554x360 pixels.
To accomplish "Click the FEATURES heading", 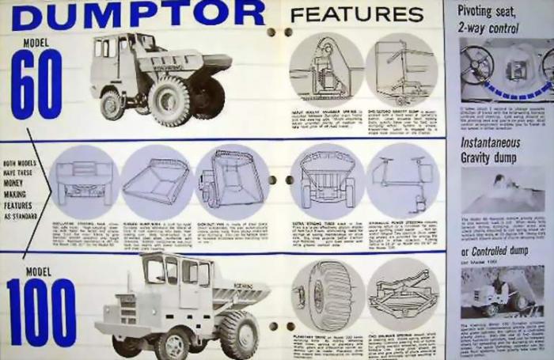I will (x=356, y=14).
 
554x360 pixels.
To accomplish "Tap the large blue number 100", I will (x=41, y=312).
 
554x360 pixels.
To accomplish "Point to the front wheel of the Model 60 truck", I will (x=112, y=104).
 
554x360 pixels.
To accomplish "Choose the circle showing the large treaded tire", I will (x=327, y=295).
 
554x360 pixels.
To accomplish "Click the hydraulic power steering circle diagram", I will (x=402, y=181).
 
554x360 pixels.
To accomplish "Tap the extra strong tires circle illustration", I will (x=327, y=181).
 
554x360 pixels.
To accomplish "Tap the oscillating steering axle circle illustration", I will (x=83, y=181).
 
